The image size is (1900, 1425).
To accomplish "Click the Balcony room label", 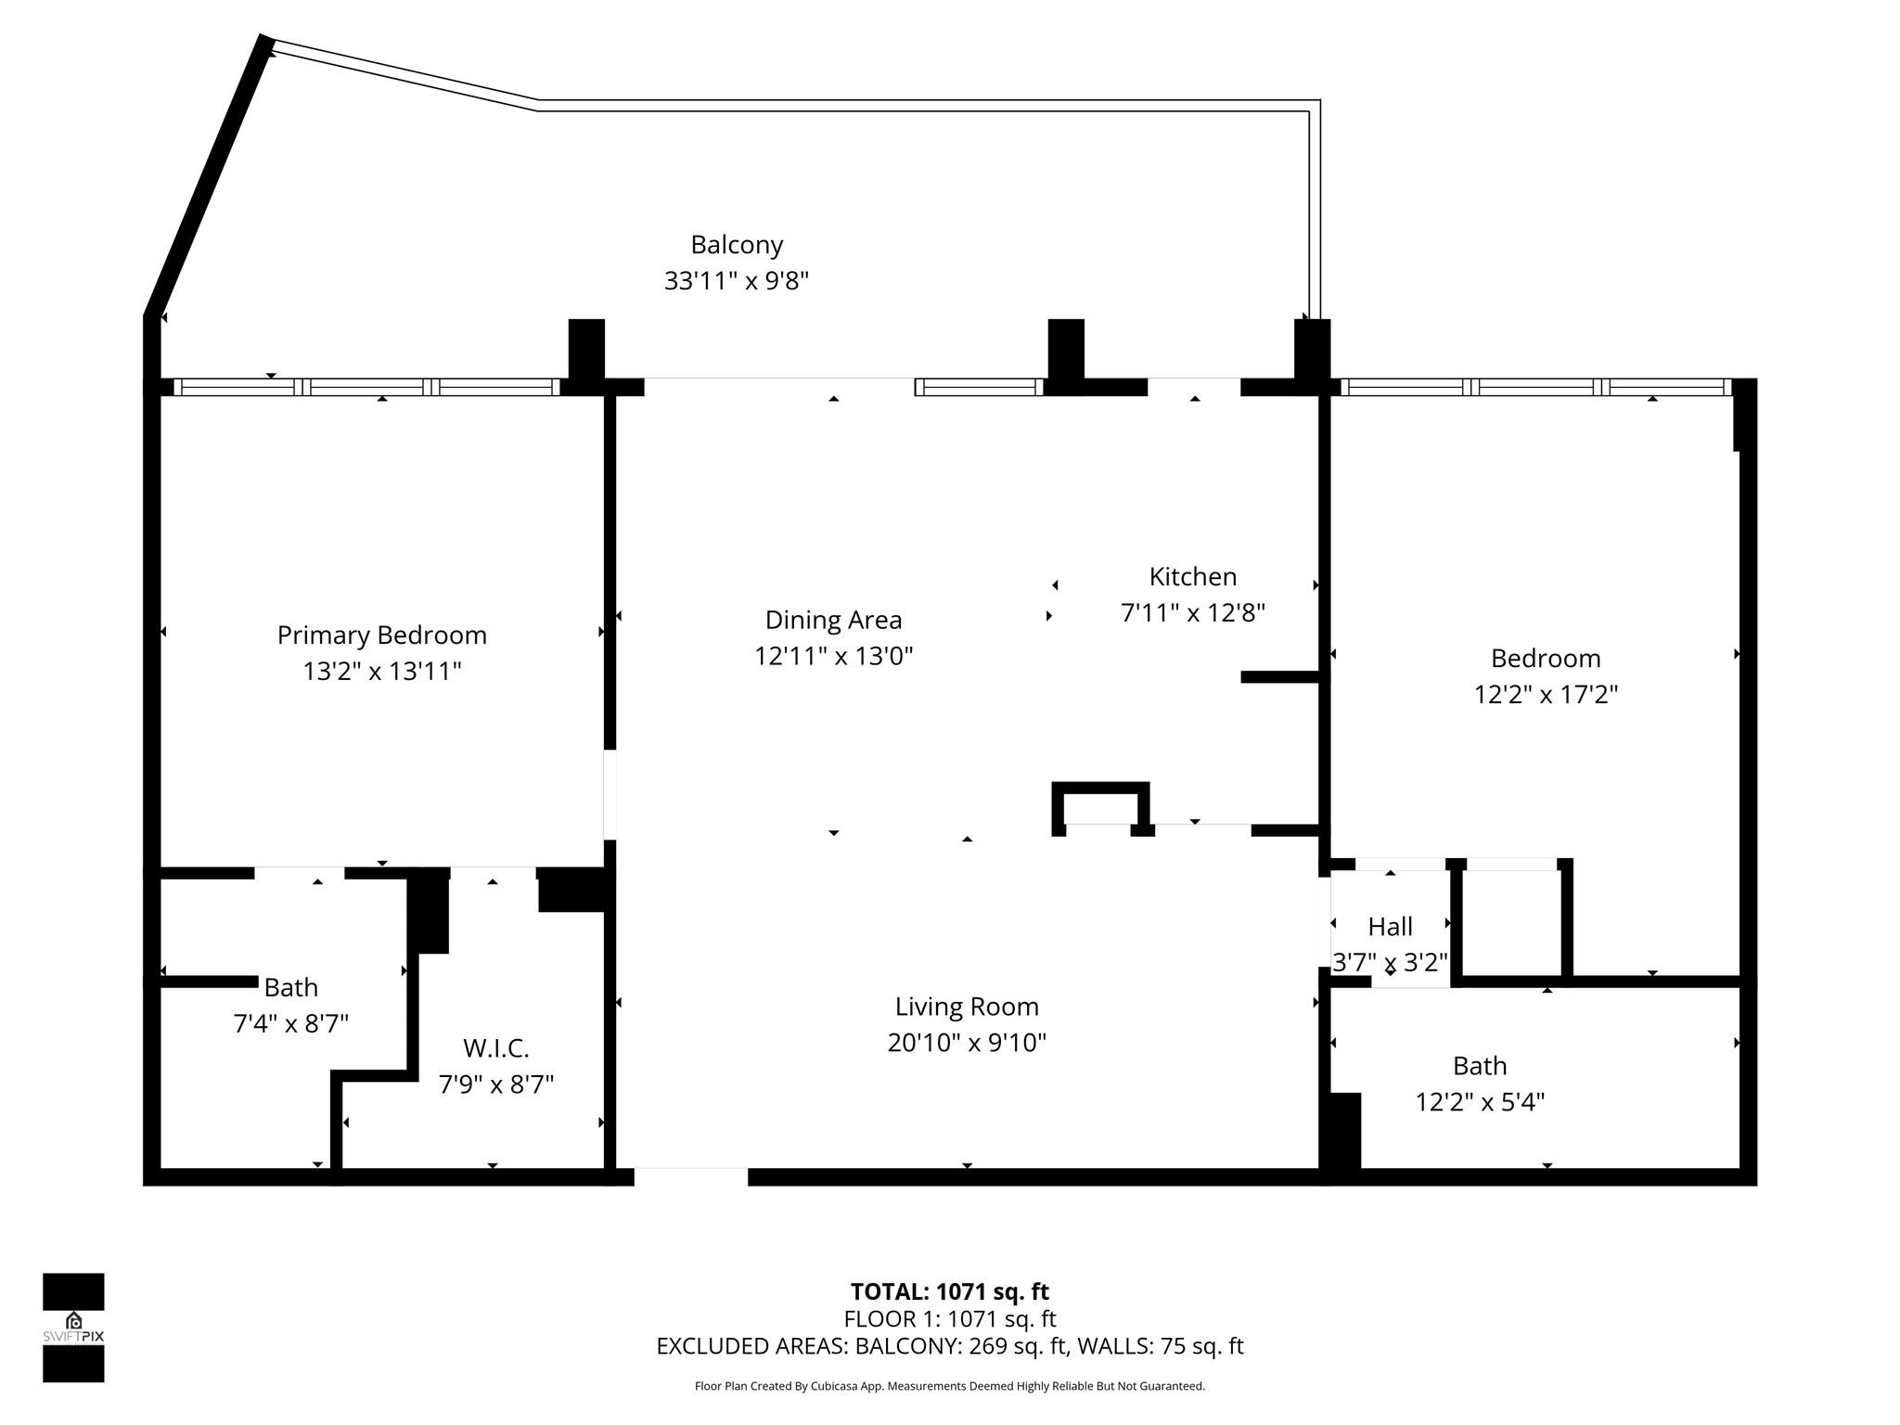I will pyautogui.click(x=737, y=245).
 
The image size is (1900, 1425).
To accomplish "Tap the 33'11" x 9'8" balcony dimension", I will pyautogui.click(x=737, y=280).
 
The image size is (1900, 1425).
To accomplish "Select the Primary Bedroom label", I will pyautogui.click(x=381, y=635).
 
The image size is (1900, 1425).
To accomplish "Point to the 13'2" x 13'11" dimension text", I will pyautogui.click(x=381, y=671).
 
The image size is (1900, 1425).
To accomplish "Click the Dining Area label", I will pyautogui.click(x=833, y=620).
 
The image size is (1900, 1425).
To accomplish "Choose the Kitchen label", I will pyautogui.click(x=1192, y=577).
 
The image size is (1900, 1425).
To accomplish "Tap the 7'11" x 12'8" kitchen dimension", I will pyautogui.click(x=1192, y=612).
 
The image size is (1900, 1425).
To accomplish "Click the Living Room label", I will pyautogui.click(x=967, y=1007).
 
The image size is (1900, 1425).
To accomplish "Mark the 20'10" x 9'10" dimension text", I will pyautogui.click(x=967, y=1043).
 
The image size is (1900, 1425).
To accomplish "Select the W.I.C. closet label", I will pyautogui.click(x=495, y=1048).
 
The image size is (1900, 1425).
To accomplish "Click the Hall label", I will pyautogui.click(x=1390, y=927).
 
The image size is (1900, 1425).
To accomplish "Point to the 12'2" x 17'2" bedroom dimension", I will pyautogui.click(x=1546, y=694).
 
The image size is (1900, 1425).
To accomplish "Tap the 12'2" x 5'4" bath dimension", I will pyautogui.click(x=1480, y=1102).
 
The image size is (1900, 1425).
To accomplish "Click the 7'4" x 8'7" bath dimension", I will pyautogui.click(x=290, y=1023).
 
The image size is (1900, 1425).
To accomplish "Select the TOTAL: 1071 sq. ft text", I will pyautogui.click(x=949, y=1291).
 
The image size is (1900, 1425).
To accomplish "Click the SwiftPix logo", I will pyautogui.click(x=73, y=1328).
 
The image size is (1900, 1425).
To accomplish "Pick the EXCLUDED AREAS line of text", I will pyautogui.click(x=949, y=1346).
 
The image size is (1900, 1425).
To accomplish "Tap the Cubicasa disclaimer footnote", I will pyautogui.click(x=949, y=1386).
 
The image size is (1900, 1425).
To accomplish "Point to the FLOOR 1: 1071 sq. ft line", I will pyautogui.click(x=949, y=1318).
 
